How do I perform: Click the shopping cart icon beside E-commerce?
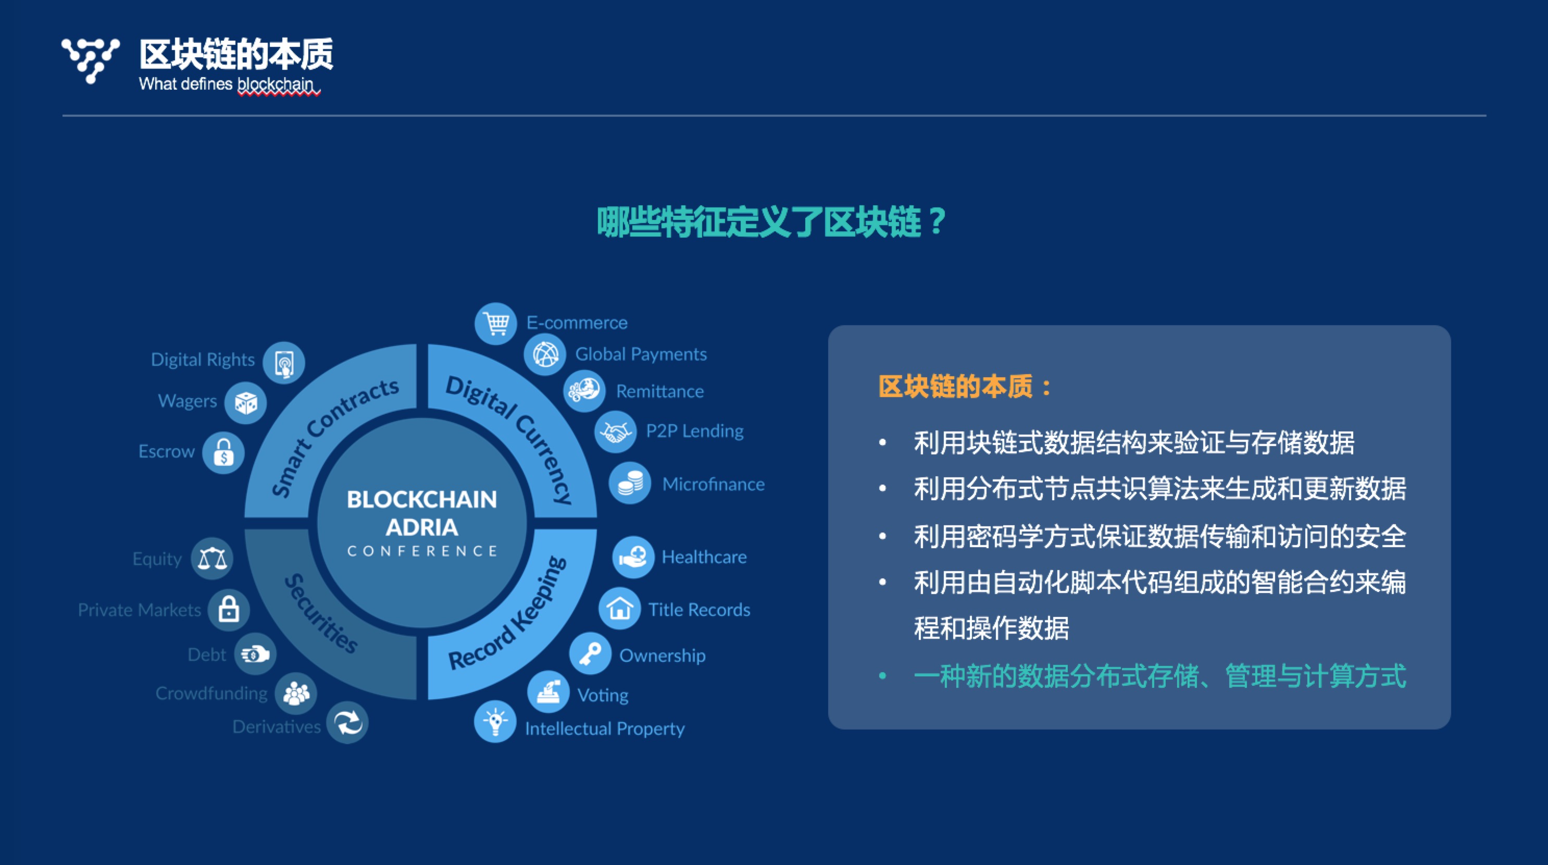496,324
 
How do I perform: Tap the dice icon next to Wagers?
245,403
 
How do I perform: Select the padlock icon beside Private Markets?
229,610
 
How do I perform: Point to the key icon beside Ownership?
590,654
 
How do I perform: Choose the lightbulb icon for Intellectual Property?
495,721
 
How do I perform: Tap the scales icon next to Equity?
212,559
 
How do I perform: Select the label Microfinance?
713,484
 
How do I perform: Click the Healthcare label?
704,557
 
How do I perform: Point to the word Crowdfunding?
211,693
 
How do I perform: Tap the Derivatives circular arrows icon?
347,723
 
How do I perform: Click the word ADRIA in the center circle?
422,527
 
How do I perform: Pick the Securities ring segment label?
321,613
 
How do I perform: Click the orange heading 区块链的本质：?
965,386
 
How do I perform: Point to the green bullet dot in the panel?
882,676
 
